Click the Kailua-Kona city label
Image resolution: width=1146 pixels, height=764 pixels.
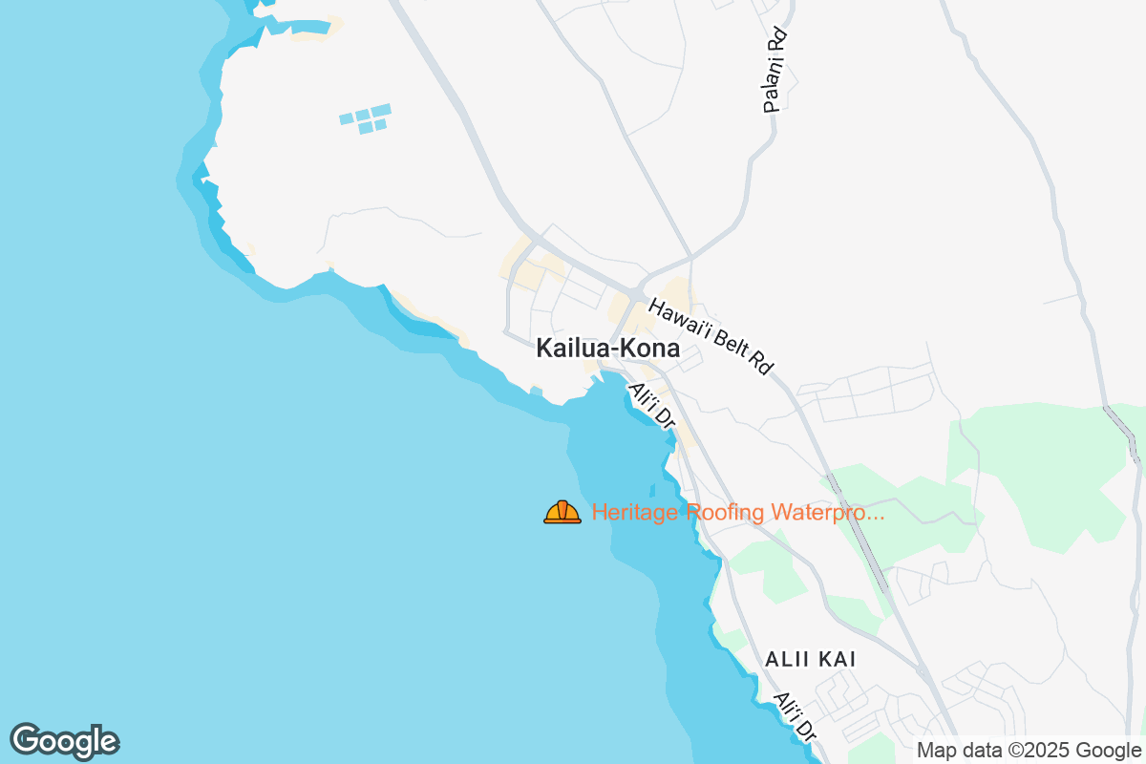608,349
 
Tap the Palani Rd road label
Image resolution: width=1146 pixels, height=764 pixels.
775,70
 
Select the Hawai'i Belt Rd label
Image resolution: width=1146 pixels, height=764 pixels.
710,336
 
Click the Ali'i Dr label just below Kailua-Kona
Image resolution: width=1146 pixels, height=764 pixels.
652,405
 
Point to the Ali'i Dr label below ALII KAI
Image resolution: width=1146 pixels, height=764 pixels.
796,717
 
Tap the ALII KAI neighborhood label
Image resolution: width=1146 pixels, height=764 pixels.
811,659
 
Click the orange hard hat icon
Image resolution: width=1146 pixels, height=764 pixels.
562,513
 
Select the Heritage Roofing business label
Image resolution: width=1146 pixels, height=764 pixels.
738,513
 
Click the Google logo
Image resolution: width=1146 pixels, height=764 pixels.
64,741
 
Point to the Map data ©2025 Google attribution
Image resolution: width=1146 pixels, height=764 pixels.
1029,751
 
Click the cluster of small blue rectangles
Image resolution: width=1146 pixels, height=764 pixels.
365,118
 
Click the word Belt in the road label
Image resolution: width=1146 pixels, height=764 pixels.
729,348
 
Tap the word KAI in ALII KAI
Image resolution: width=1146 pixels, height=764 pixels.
838,659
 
